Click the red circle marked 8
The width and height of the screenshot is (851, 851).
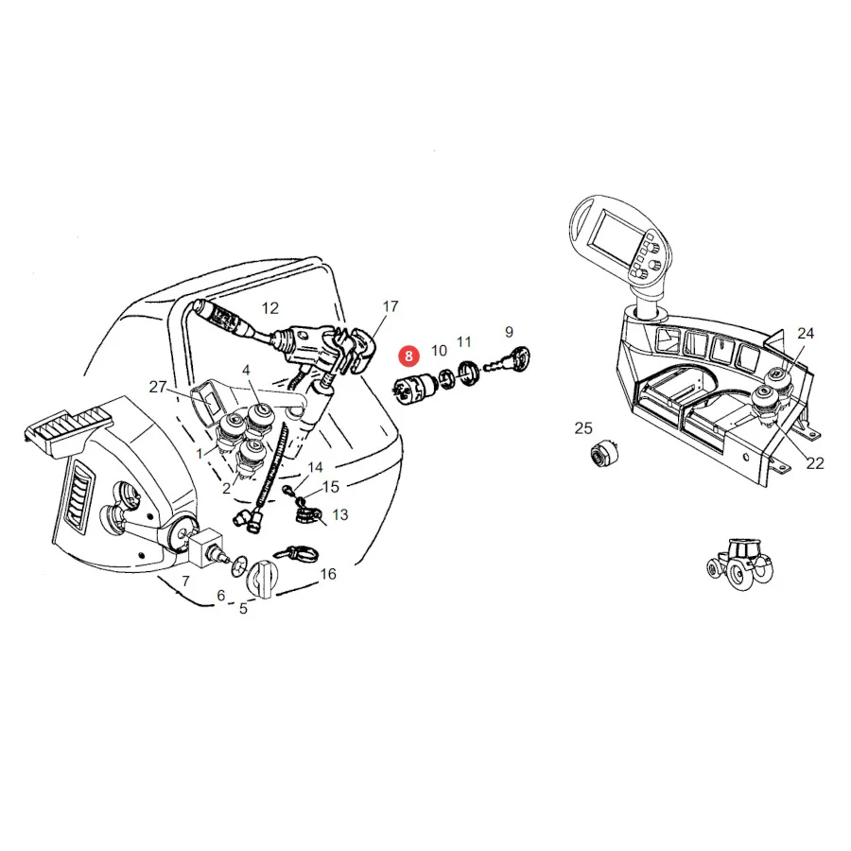(408, 356)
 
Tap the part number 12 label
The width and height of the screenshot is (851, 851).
(269, 308)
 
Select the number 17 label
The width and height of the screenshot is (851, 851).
(391, 306)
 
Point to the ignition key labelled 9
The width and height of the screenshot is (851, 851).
(508, 360)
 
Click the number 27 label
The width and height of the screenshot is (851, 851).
(157, 387)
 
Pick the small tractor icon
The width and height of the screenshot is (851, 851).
(739, 564)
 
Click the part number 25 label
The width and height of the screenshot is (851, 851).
(583, 428)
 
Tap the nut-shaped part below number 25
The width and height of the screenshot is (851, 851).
(603, 453)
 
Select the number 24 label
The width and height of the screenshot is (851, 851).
(806, 333)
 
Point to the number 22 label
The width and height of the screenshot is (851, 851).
(815, 463)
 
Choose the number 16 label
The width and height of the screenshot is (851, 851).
(328, 574)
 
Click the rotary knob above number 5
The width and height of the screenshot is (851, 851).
(262, 578)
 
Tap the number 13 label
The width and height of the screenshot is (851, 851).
(340, 514)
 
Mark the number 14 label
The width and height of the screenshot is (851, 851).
(315, 467)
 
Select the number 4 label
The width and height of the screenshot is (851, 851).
(246, 370)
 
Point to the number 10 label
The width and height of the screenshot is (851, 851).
(439, 351)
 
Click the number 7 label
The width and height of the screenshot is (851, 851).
(185, 582)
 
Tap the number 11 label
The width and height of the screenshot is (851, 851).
(464, 342)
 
